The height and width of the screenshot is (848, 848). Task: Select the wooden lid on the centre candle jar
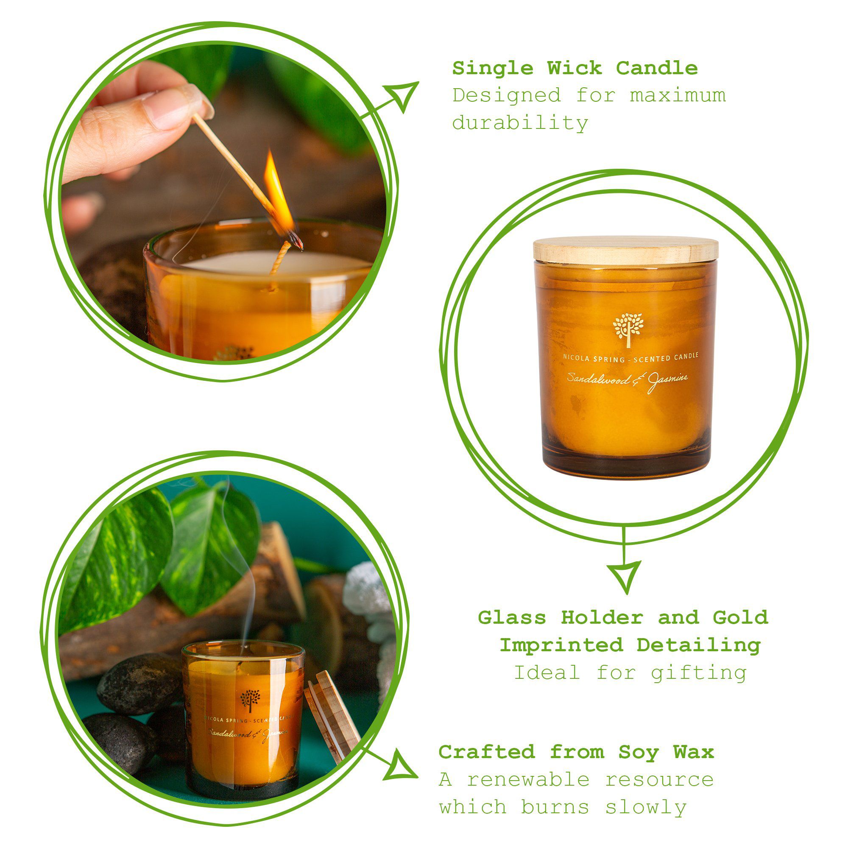[x=625, y=250]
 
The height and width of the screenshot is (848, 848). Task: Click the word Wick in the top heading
[x=575, y=68]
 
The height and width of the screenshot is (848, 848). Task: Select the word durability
[x=520, y=123]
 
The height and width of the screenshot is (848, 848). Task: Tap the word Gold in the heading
[x=740, y=618]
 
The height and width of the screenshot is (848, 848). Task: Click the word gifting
[x=699, y=672]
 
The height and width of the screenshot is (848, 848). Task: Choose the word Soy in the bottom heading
[x=639, y=752]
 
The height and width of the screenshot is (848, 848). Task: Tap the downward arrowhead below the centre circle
[x=624, y=575]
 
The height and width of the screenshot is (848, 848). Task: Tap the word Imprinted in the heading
[x=561, y=645]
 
